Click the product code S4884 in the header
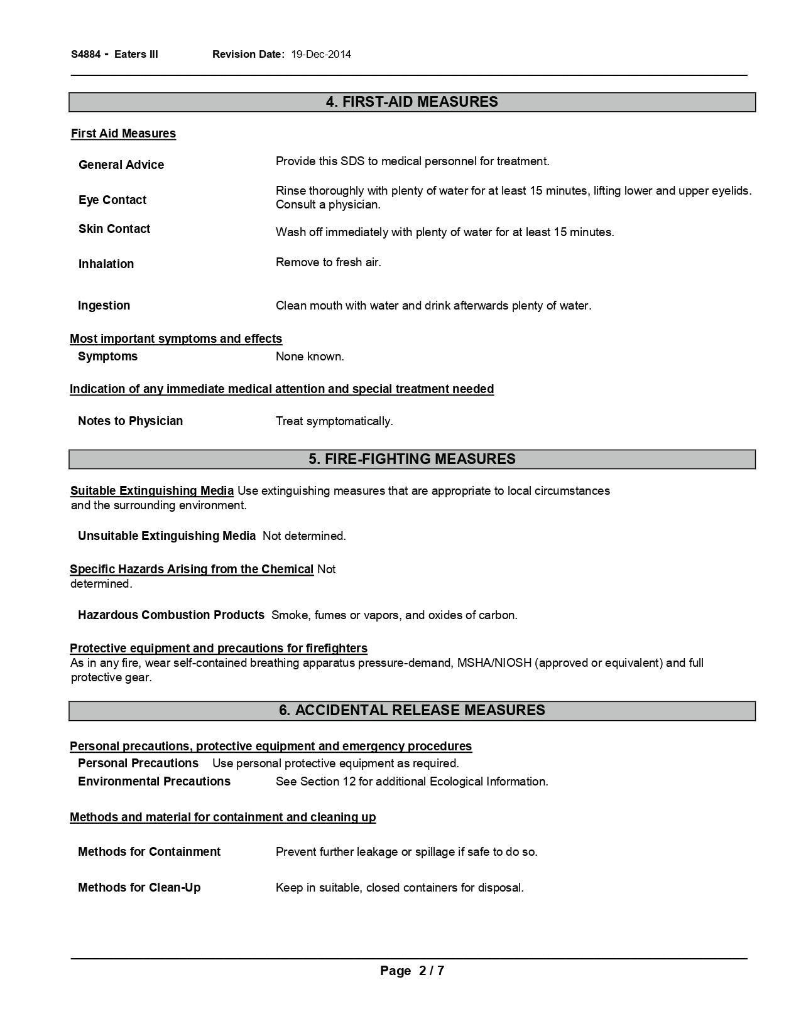(x=85, y=55)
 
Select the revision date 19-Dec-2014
(x=321, y=55)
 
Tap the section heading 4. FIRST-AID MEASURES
(x=411, y=102)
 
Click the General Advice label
(x=121, y=165)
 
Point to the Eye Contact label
(x=112, y=200)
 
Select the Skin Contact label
(x=114, y=229)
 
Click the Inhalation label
(x=106, y=264)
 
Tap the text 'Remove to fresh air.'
(x=329, y=262)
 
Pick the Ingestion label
(x=104, y=306)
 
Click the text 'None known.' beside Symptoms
(x=310, y=357)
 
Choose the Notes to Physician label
(x=131, y=421)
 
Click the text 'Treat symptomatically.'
(x=334, y=421)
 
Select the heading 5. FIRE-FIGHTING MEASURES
(x=411, y=460)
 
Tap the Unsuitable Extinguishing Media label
(x=166, y=536)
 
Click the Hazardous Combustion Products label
(x=171, y=615)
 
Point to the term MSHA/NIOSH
(x=491, y=663)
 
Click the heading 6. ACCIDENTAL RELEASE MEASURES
(x=411, y=711)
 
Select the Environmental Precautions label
(x=154, y=782)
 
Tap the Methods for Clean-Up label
(x=139, y=888)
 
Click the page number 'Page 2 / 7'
(x=411, y=971)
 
